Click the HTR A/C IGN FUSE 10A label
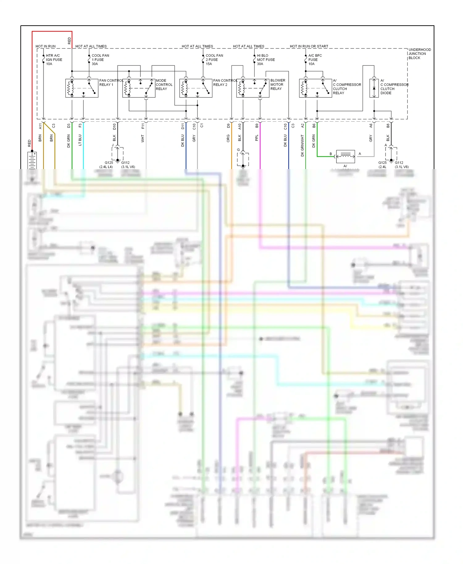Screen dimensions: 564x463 click(x=54, y=60)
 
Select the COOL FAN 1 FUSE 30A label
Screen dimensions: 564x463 click(x=100, y=60)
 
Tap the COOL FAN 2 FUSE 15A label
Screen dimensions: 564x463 click(x=214, y=60)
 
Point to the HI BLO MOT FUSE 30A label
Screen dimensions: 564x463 click(x=265, y=60)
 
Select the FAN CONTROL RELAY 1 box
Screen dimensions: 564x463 click(x=82, y=88)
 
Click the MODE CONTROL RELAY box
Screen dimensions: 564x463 click(x=139, y=88)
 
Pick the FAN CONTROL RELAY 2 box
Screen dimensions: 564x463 click(x=196, y=88)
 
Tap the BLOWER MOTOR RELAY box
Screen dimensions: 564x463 click(x=252, y=88)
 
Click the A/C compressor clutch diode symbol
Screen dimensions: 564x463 click(x=374, y=88)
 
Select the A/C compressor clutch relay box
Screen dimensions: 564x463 click(x=315, y=88)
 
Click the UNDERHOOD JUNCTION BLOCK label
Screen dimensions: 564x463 click(x=419, y=54)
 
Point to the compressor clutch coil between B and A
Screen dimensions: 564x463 click(x=345, y=156)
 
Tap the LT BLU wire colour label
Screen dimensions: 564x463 click(x=80, y=140)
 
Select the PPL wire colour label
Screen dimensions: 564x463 click(x=257, y=138)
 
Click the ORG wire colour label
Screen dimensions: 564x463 click(x=228, y=138)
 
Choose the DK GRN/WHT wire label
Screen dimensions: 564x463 click(x=302, y=145)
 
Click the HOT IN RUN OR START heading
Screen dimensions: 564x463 click(x=309, y=46)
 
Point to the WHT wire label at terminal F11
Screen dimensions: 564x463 click(x=143, y=138)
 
